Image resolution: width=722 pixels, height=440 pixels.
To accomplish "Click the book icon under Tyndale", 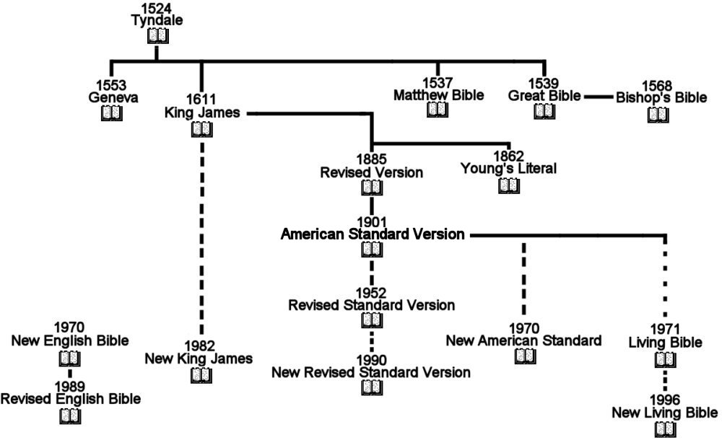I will pyautogui.click(x=157, y=35).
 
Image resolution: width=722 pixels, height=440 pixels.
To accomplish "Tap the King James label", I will pyautogui.click(x=202, y=113).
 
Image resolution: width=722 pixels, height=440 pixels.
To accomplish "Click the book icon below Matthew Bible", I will pyautogui.click(x=438, y=109).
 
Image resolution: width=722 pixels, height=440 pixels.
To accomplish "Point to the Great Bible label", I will pyautogui.click(x=545, y=96).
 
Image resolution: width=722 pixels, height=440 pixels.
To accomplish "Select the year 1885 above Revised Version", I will pyautogui.click(x=372, y=161).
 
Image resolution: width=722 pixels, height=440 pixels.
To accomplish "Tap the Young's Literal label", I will pyautogui.click(x=508, y=169).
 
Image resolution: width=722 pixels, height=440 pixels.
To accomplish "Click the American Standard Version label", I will pyautogui.click(x=373, y=234).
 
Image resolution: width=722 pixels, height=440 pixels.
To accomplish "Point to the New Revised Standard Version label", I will pyautogui.click(x=371, y=372).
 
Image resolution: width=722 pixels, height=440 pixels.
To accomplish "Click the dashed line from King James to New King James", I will pyautogui.click(x=202, y=231).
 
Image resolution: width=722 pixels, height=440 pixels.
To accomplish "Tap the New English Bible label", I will pyautogui.click(x=69, y=340).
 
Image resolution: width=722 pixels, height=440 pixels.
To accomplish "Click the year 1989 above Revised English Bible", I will pyautogui.click(x=70, y=387).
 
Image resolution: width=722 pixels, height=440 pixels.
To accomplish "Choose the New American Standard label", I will pyautogui.click(x=523, y=340).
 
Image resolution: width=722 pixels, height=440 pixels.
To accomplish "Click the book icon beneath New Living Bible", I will pyautogui.click(x=664, y=429).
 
